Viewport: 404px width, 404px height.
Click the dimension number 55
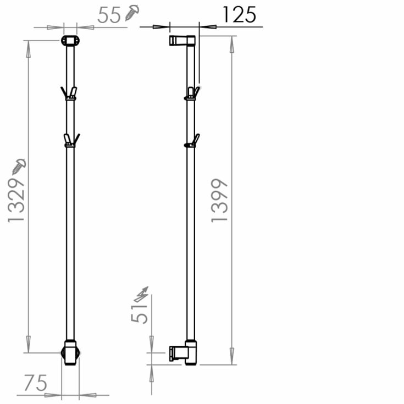[109, 15]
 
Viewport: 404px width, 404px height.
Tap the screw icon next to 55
[132, 13]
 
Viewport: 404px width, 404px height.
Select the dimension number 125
[239, 15]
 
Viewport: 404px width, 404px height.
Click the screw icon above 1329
[18, 165]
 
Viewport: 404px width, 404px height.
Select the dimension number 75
[35, 383]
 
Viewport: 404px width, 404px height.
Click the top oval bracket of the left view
[70, 41]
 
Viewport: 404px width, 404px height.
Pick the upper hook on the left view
[69, 93]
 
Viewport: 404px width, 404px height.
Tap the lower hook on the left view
[70, 140]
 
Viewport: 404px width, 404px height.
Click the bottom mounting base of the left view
[70, 352]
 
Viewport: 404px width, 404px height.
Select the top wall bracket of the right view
[182, 41]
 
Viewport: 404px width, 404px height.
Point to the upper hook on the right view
[191, 93]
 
